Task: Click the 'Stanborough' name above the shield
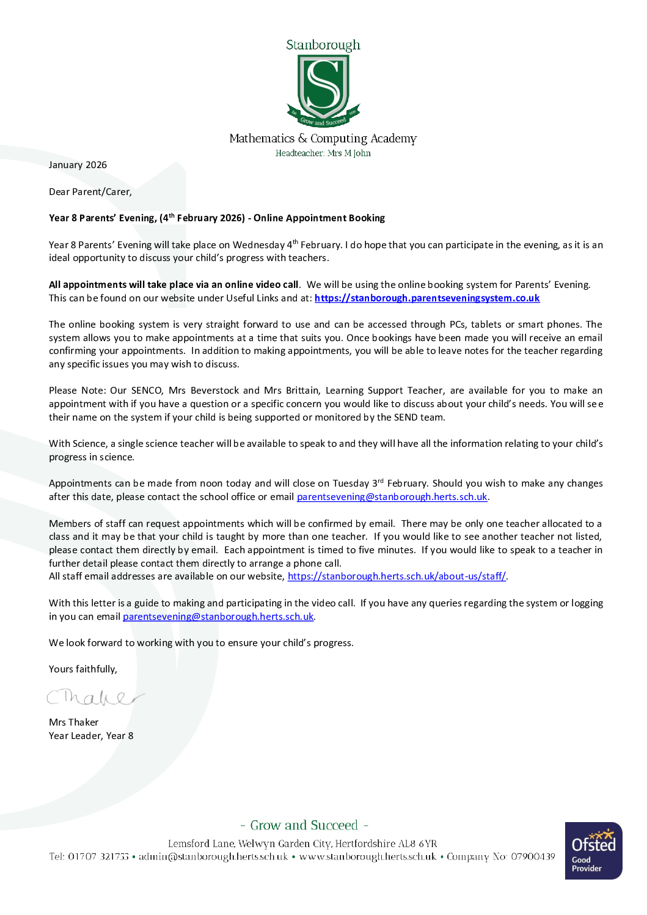click(323, 45)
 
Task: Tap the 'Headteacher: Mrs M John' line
click(323, 153)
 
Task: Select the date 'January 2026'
click(78, 165)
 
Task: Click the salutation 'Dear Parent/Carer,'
click(90, 192)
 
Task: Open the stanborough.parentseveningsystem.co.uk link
click(427, 298)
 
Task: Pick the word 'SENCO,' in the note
click(147, 391)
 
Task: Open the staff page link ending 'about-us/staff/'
click(397, 576)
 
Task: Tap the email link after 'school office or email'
click(392, 497)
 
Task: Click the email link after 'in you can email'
click(218, 617)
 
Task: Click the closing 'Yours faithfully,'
click(83, 669)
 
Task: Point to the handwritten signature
click(95, 697)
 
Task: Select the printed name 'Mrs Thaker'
click(73, 722)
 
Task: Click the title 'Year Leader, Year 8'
click(91, 736)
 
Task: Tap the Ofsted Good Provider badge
click(593, 851)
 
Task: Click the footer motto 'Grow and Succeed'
click(304, 826)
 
